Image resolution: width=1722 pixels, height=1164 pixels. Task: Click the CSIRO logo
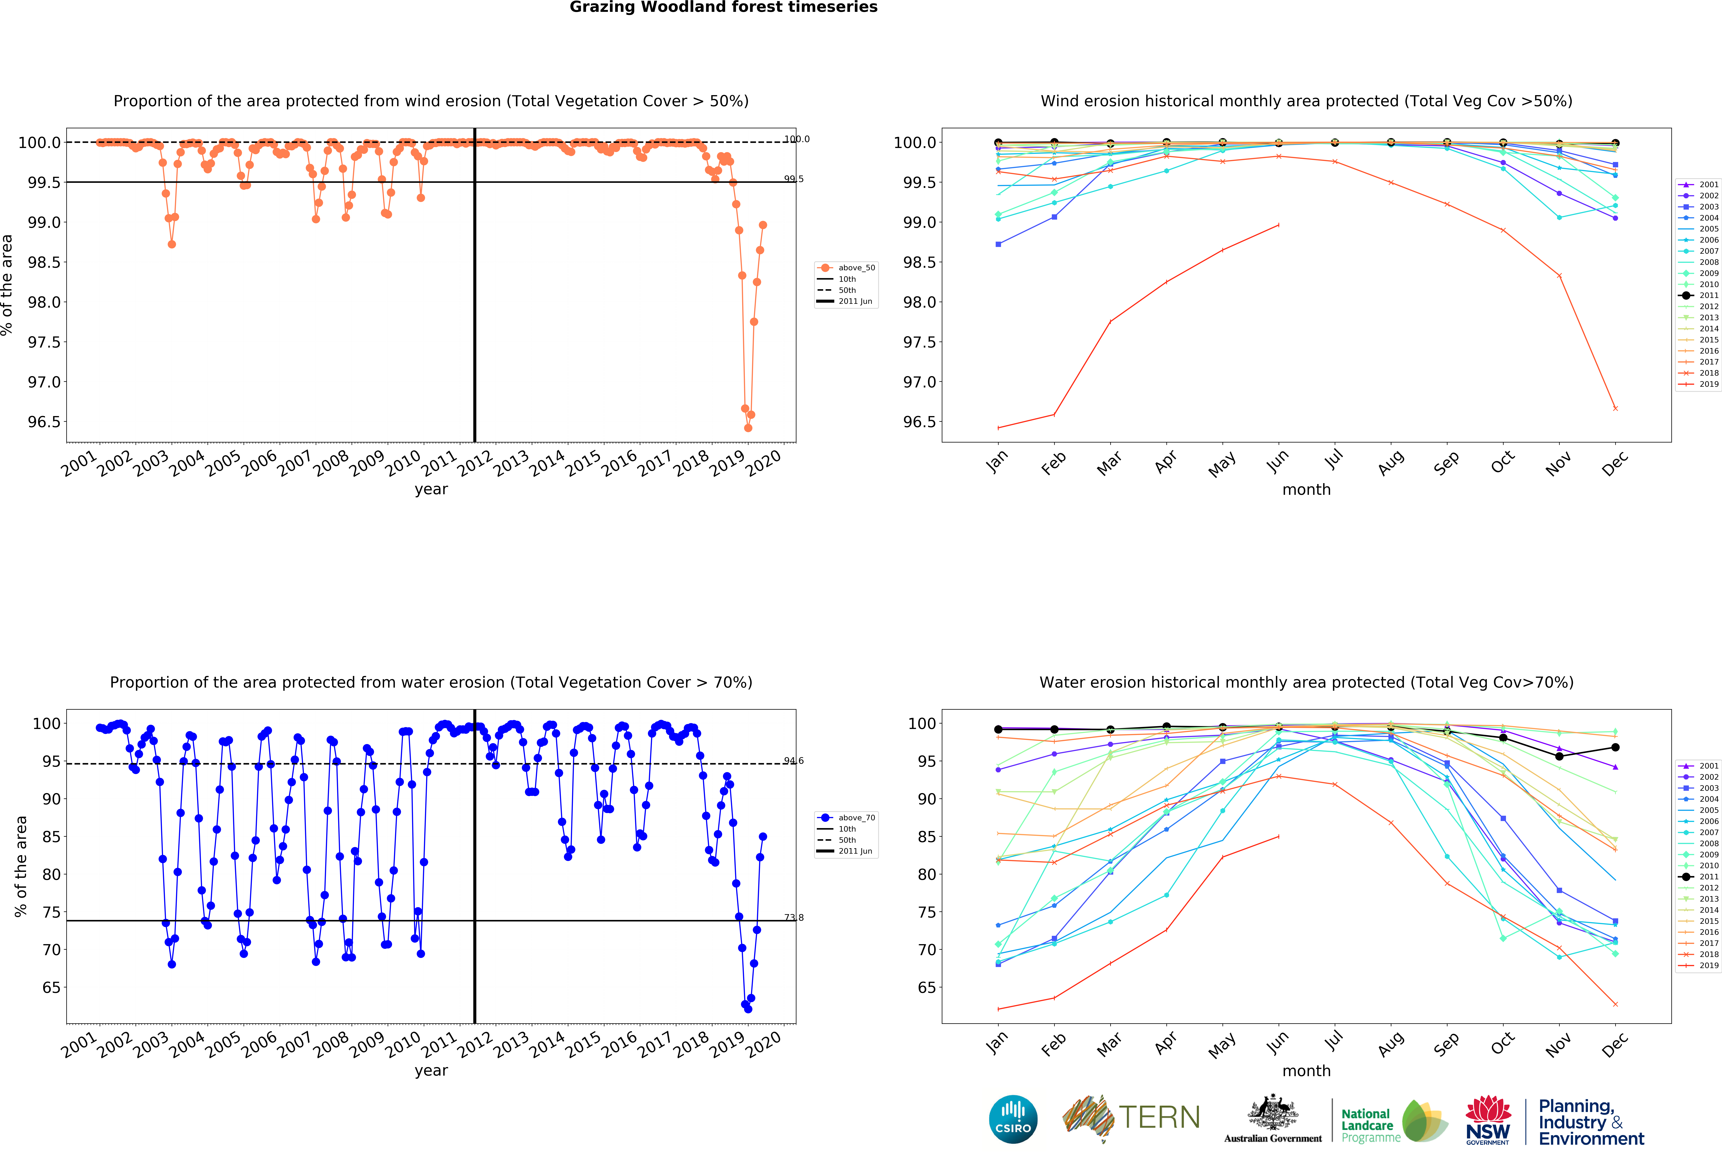pyautogui.click(x=1013, y=1119)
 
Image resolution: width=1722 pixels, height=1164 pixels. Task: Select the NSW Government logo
pyautogui.click(x=1488, y=1120)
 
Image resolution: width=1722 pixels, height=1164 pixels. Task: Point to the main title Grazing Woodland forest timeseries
pyautogui.click(x=723, y=7)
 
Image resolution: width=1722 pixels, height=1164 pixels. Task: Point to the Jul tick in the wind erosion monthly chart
pyautogui.click(x=1334, y=460)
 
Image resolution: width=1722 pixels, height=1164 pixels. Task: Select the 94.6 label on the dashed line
pyautogui.click(x=794, y=761)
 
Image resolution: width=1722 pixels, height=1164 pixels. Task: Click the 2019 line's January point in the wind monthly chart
pyautogui.click(x=998, y=428)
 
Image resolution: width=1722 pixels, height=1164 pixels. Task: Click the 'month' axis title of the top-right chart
pyautogui.click(x=1306, y=489)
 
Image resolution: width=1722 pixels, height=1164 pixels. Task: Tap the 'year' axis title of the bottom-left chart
pyautogui.click(x=431, y=1071)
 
